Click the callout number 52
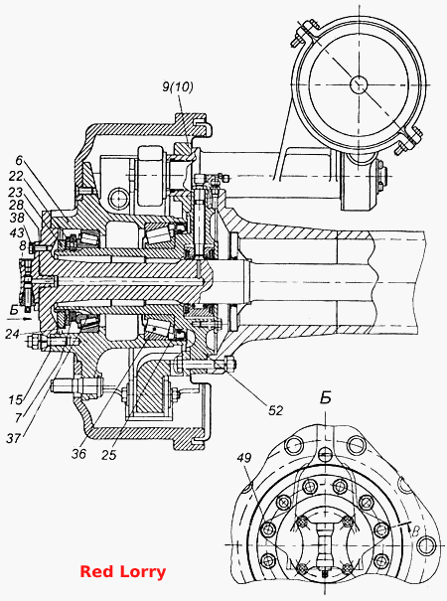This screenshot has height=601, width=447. coord(275,411)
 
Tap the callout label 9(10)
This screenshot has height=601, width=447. coord(178,87)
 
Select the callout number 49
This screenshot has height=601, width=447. coord(243,458)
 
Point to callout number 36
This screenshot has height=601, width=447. coord(79,454)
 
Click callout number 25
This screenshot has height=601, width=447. coord(109,455)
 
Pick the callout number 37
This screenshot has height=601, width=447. coord(14,438)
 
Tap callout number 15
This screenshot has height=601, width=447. coord(16,400)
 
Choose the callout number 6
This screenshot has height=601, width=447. coord(20,160)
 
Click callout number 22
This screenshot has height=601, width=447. coord(16,176)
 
